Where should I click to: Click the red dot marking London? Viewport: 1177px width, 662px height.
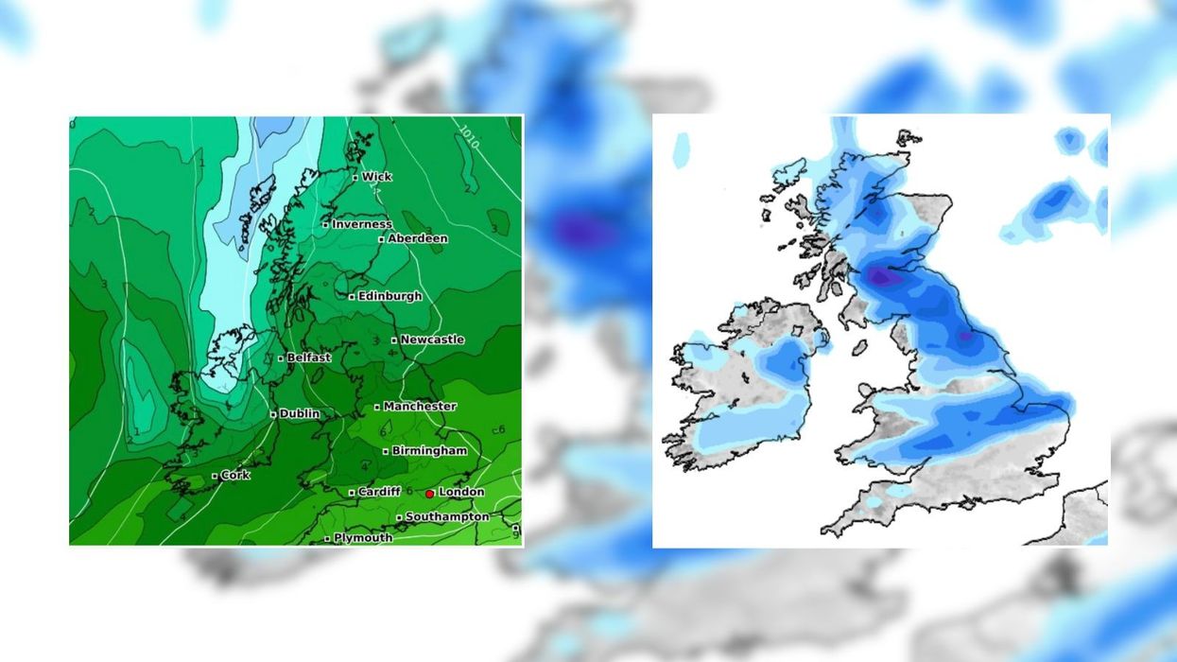point(429,494)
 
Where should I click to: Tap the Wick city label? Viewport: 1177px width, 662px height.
point(376,177)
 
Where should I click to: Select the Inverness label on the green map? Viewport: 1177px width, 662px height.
point(361,224)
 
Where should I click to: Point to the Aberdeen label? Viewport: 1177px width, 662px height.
point(417,238)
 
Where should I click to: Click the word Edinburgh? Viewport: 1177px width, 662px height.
point(389,296)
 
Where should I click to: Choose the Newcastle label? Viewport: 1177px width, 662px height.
point(432,340)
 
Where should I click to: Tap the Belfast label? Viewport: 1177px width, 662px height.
point(308,357)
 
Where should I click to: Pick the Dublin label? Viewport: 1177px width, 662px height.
point(299,413)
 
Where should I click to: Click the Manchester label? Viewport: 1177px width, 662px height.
point(420,407)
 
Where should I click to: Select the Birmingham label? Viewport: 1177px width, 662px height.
point(429,451)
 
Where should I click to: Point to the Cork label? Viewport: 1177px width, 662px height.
point(234,475)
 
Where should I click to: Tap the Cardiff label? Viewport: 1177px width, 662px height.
point(378,492)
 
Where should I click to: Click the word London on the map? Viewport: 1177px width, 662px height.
point(461,492)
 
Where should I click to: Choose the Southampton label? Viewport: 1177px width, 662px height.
point(447,517)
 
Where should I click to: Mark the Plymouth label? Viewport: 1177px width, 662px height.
point(362,538)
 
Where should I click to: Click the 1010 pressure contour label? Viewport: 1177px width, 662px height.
point(469,136)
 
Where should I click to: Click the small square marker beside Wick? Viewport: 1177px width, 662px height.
point(355,178)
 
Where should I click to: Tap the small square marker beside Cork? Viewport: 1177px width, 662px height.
point(215,476)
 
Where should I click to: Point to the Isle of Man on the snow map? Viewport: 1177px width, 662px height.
point(858,347)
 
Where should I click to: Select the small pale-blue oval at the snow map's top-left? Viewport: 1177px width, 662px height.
point(682,149)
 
